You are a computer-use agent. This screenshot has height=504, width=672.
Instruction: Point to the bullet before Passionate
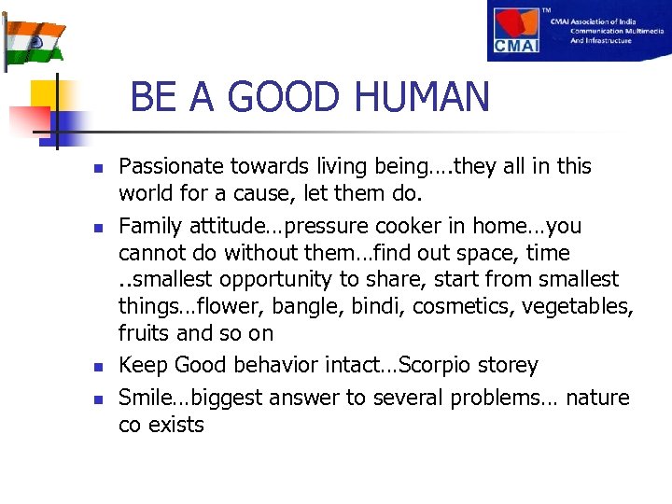tap(97, 168)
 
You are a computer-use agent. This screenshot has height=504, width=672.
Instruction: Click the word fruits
tap(145, 333)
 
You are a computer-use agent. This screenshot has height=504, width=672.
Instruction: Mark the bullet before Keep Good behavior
tap(97, 366)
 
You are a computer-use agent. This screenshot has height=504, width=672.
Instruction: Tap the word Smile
tap(145, 399)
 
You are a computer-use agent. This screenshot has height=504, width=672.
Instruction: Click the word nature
tap(598, 399)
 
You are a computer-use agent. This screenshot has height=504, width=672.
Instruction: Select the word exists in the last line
tap(175, 426)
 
